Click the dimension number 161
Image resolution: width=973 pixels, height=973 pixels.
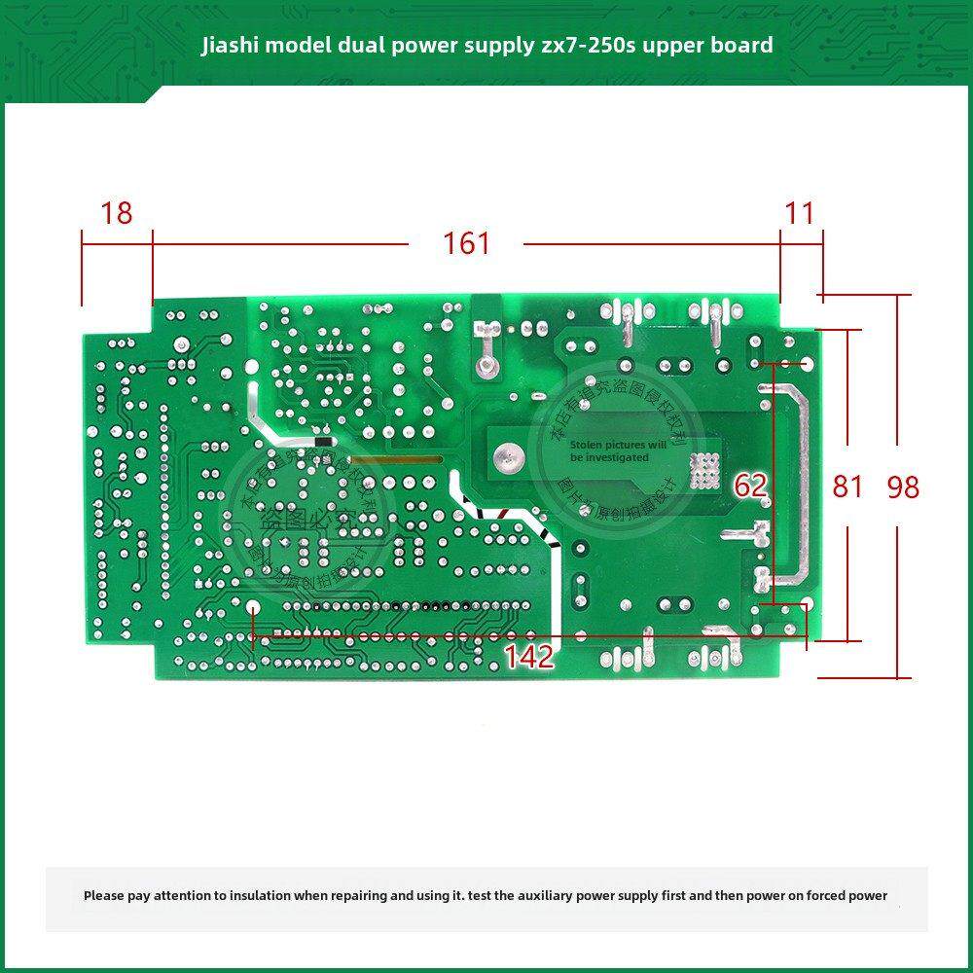[467, 243]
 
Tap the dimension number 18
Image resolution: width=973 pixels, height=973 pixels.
[117, 213]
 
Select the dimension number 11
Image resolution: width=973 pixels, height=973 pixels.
[800, 213]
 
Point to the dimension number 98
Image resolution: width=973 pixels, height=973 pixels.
[903, 486]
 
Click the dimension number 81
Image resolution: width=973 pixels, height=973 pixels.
[847, 486]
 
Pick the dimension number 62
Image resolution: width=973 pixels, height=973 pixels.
[750, 486]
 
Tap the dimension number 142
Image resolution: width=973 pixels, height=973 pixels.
[529, 657]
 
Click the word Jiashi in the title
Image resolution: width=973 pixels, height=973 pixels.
[229, 46]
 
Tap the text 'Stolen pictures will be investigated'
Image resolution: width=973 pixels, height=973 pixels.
[619, 450]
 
